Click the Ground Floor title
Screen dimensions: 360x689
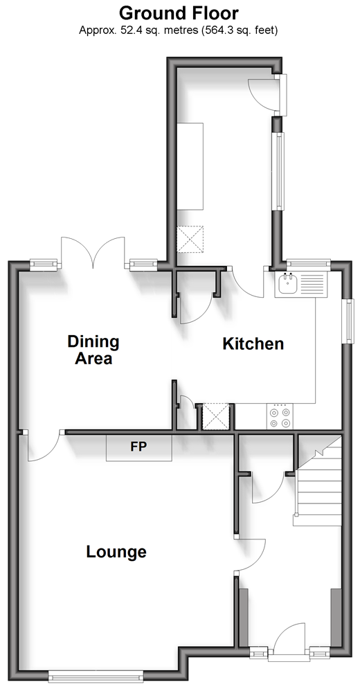[179, 13]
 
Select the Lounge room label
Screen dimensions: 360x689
[116, 552]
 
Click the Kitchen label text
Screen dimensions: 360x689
[253, 343]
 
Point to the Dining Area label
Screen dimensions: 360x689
[93, 350]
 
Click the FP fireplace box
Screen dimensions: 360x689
[139, 448]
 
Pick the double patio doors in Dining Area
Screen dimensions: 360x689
[93, 253]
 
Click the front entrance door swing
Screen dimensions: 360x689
[289, 638]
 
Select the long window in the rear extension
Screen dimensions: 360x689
[279, 170]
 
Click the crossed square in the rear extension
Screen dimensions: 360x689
[190, 240]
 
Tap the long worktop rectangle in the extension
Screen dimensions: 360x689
[190, 166]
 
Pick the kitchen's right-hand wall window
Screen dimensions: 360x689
[350, 321]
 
